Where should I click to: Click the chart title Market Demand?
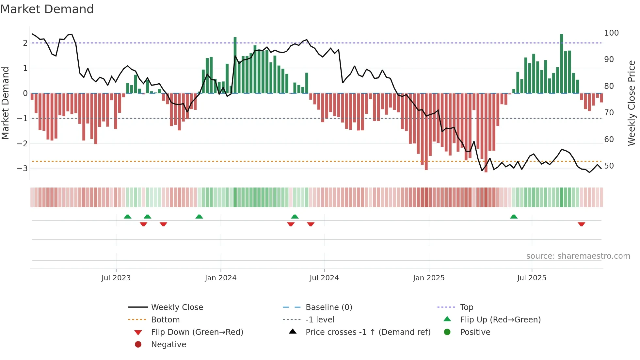(x=47, y=9)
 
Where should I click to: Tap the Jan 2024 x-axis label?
(x=220, y=278)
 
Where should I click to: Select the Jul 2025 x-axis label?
(x=531, y=278)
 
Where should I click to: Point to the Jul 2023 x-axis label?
(x=116, y=278)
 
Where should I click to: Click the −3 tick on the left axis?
(x=22, y=169)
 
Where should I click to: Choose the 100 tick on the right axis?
(x=611, y=33)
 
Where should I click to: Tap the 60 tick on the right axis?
(x=609, y=139)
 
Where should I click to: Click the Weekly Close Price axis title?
(x=632, y=103)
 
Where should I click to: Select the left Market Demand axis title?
(x=5, y=103)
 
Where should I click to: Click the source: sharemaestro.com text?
(x=578, y=256)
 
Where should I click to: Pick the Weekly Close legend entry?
(x=177, y=307)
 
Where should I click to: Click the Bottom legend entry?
(x=165, y=320)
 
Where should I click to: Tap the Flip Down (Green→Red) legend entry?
(x=197, y=332)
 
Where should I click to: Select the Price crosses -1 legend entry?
(x=368, y=332)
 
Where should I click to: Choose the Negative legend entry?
(x=168, y=345)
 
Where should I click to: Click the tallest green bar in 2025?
(x=562, y=64)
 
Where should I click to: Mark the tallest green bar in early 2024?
(x=235, y=65)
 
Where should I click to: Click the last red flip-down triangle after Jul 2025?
(x=581, y=224)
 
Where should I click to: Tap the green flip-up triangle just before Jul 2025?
(x=514, y=217)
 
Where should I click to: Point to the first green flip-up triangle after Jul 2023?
(x=128, y=217)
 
